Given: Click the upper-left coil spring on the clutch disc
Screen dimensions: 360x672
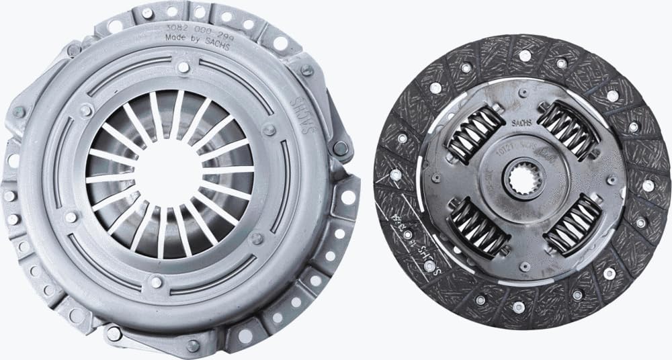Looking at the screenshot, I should point(476,134).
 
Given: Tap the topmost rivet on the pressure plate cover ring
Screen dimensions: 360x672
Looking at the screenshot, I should point(182,66).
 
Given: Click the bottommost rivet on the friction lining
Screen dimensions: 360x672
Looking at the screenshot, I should point(517,307).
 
